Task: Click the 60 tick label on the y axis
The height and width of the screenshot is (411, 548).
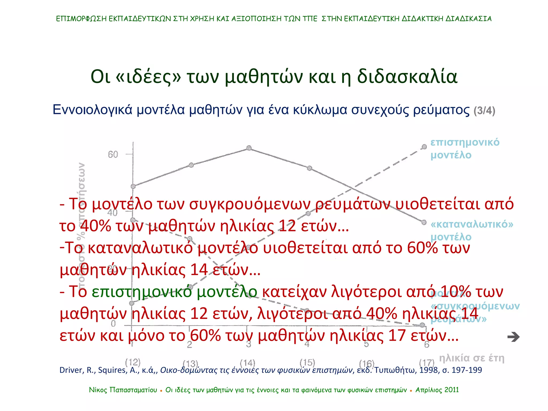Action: coord(113,155)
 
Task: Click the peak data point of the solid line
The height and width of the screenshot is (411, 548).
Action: coord(249,148)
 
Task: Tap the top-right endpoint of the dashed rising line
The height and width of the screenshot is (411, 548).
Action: coord(424,147)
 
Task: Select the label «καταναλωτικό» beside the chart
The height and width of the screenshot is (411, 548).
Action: coord(472,224)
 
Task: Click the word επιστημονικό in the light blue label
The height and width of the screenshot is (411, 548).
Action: coord(465,142)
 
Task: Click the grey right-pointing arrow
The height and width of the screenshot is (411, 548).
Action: coord(513,337)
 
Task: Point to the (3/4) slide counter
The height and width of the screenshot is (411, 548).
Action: coord(484,111)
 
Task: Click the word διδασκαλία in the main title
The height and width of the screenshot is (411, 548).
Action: coord(407,77)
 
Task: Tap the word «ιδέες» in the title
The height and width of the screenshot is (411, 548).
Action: coord(149,77)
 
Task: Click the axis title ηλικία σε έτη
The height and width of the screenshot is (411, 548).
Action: coord(471,358)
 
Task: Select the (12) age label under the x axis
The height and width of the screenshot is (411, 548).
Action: coord(133,362)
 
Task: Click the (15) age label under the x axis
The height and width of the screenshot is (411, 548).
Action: coord(307,363)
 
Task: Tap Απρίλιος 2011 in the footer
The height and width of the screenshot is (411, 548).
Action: coord(437,390)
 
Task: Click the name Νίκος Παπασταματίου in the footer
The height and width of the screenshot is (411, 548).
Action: coord(123,390)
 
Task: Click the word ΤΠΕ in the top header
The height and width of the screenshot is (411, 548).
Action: coord(310,19)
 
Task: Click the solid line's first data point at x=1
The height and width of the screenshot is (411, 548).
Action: coord(133,186)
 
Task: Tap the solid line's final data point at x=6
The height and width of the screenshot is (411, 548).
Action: coord(424,222)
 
